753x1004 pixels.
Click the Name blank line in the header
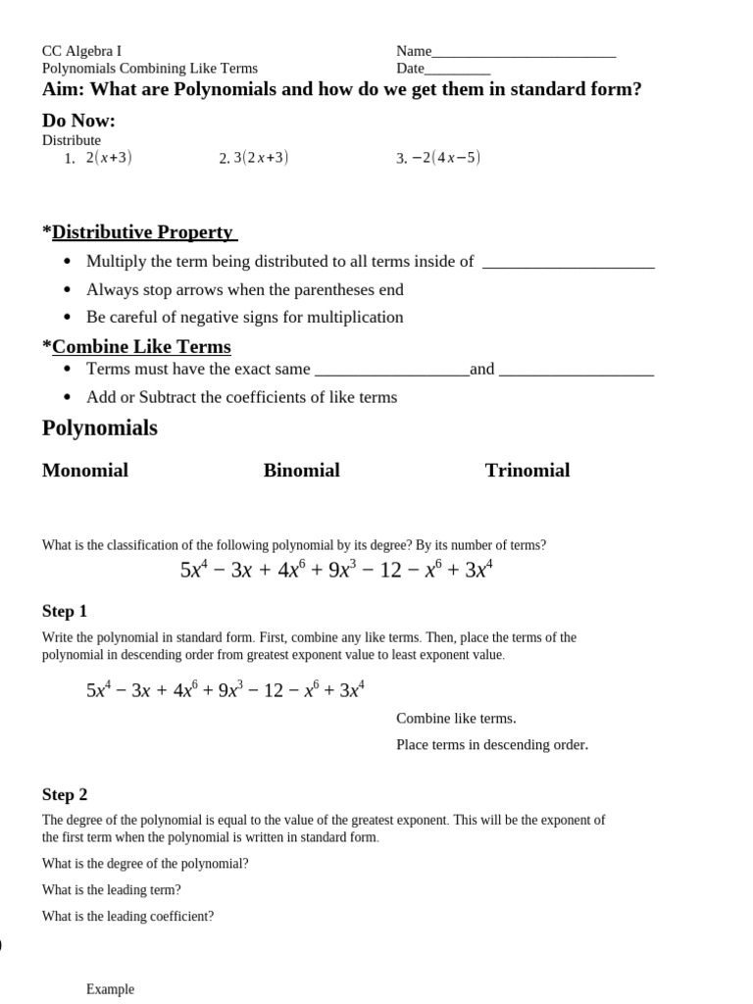pyautogui.click(x=524, y=53)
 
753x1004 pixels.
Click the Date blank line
pyautogui.click(x=457, y=71)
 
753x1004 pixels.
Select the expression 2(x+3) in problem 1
pyautogui.click(x=109, y=158)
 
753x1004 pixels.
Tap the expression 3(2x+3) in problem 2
pyautogui.click(x=261, y=158)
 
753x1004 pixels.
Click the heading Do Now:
pyautogui.click(x=78, y=121)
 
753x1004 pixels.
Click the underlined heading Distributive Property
pyautogui.click(x=144, y=232)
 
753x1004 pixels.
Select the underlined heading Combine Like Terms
pyautogui.click(x=141, y=347)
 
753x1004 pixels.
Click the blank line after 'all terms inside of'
pyautogui.click(x=569, y=263)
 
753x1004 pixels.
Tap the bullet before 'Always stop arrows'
pyautogui.click(x=67, y=290)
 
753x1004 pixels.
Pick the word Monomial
pyautogui.click(x=85, y=471)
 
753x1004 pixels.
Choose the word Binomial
pyautogui.click(x=302, y=471)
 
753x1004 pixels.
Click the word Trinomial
pyautogui.click(x=527, y=471)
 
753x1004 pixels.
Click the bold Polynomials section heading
pyautogui.click(x=100, y=428)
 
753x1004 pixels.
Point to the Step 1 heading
pyautogui.click(x=65, y=612)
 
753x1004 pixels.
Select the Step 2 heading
pyautogui.click(x=65, y=795)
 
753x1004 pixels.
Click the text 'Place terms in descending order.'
pyautogui.click(x=492, y=744)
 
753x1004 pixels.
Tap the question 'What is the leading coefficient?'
pyautogui.click(x=127, y=917)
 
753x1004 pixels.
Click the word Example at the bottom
pyautogui.click(x=110, y=989)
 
